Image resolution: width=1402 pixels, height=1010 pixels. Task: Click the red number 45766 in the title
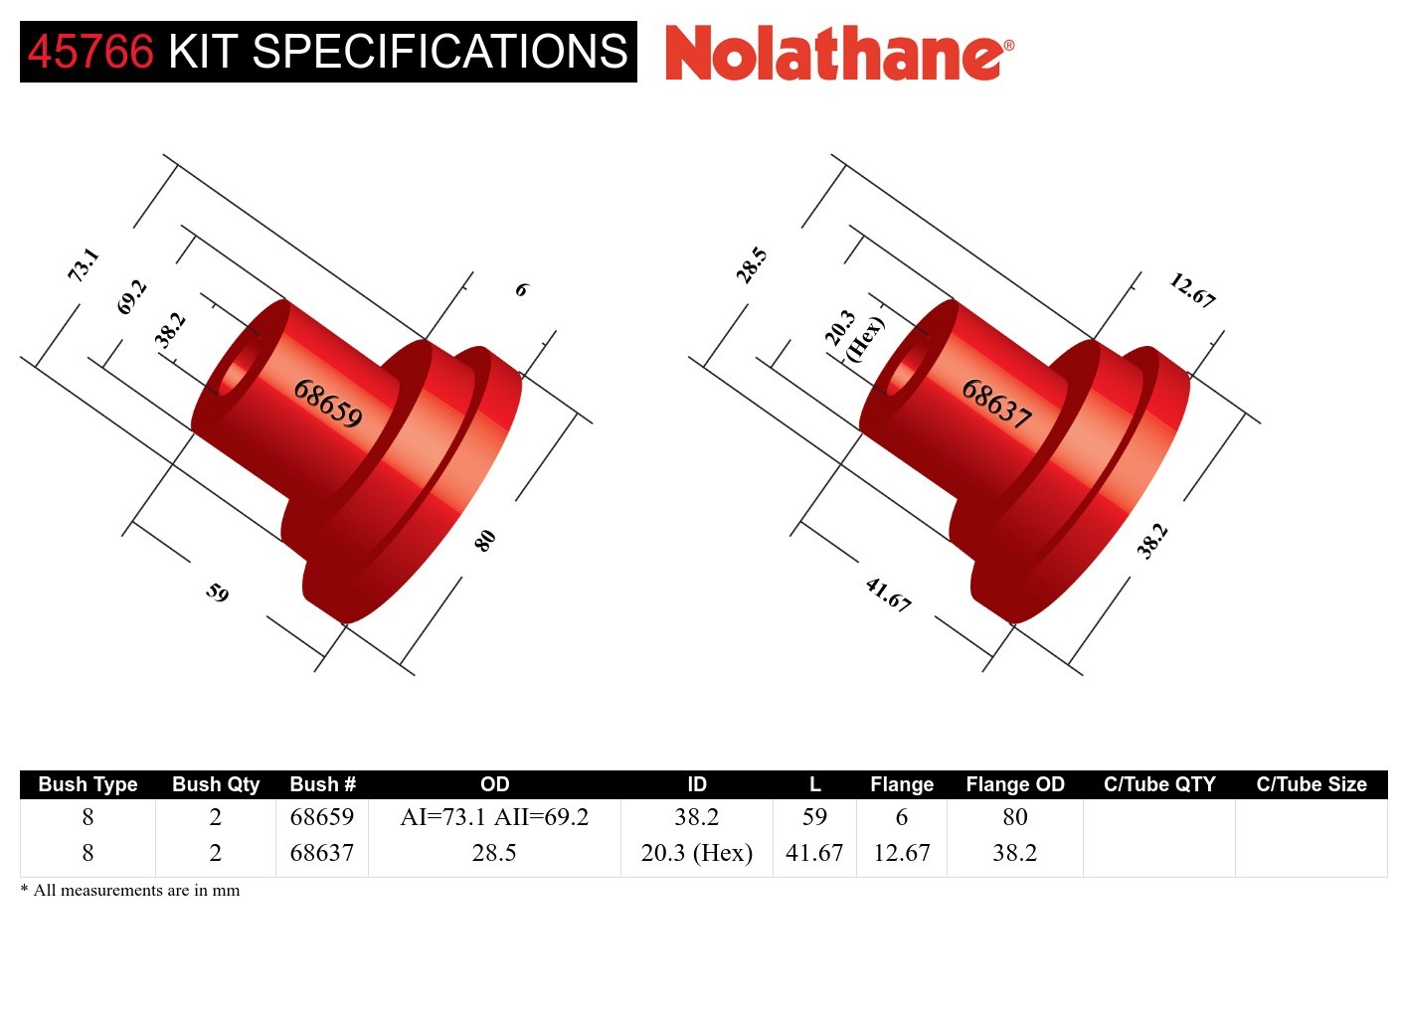(90, 52)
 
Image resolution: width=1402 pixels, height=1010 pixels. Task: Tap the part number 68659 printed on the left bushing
(328, 404)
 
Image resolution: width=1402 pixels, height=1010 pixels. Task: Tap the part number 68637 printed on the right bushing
(996, 404)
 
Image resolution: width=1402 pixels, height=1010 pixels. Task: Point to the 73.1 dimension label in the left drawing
(84, 264)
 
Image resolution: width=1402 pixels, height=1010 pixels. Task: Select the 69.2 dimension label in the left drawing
(131, 297)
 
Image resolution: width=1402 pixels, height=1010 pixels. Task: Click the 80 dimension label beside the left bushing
(484, 540)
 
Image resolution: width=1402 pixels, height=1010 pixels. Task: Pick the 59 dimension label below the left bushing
(218, 592)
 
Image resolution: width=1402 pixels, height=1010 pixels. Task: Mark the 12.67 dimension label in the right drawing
(1191, 290)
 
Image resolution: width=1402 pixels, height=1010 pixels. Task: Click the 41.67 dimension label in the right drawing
(888, 594)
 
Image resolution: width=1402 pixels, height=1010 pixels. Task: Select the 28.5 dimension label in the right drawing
(752, 265)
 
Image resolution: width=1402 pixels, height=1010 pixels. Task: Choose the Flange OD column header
(1014, 784)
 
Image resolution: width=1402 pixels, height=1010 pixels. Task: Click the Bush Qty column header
(216, 784)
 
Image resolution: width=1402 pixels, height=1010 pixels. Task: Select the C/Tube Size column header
(1311, 784)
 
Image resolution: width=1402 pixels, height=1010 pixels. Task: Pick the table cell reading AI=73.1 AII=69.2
(494, 817)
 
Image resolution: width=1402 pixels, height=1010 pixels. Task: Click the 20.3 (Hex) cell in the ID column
(696, 853)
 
